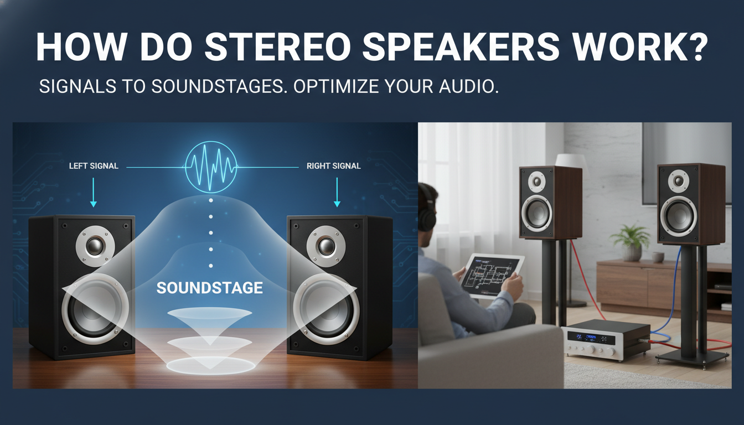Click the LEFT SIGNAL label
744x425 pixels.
[94, 165]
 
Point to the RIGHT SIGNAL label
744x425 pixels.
[334, 165]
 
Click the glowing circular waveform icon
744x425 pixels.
[211, 165]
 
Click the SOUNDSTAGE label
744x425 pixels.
[209, 288]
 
